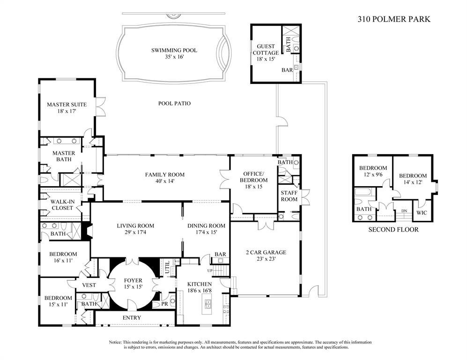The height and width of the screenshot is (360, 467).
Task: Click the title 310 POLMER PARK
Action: coord(394,19)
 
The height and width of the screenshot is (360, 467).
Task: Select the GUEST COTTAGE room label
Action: coord(266,50)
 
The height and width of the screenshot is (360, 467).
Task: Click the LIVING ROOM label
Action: coord(135,225)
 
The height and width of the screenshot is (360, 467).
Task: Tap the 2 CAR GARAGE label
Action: coord(266,252)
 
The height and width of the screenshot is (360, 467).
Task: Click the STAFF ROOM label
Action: coord(289,195)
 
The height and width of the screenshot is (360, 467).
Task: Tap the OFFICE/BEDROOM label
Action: coord(253,177)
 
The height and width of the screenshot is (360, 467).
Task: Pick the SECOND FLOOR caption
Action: coord(393,229)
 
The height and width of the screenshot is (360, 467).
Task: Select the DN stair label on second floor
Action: coord(403,211)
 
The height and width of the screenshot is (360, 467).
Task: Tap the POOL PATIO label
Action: coord(174,103)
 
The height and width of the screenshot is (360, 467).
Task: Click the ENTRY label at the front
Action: coord(132,317)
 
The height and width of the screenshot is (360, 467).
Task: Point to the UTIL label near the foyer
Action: coord(167,267)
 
